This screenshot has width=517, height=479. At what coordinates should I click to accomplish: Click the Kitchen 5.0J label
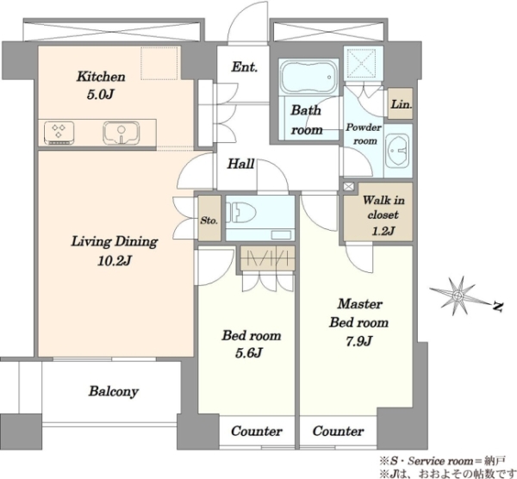(101, 85)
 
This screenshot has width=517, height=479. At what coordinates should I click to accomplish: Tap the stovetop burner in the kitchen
(59, 133)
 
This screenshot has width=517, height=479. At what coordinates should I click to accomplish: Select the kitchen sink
(121, 133)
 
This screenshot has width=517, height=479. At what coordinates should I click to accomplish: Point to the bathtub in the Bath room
(309, 78)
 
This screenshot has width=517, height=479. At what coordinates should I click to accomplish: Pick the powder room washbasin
(397, 151)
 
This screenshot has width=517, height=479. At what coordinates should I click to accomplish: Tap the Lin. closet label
(401, 104)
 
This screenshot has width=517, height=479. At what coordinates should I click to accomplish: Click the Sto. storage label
(209, 220)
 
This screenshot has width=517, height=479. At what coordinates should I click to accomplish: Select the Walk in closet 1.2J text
(383, 215)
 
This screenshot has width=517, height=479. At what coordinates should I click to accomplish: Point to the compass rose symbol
(459, 295)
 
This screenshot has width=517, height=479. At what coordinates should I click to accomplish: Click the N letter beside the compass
(498, 307)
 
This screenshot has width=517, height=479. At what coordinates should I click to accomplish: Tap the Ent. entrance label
(245, 67)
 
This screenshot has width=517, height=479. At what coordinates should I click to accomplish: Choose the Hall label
(241, 164)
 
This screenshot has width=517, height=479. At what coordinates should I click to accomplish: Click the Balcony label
(114, 392)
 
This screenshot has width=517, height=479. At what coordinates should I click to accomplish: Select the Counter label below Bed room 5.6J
(257, 431)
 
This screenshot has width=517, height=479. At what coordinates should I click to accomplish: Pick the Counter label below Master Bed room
(339, 431)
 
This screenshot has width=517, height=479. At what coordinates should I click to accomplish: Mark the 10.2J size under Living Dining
(115, 261)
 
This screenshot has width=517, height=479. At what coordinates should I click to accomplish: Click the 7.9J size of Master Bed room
(359, 341)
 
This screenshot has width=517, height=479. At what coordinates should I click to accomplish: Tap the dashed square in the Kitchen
(159, 63)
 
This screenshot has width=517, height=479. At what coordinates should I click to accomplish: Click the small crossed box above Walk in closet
(348, 187)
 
